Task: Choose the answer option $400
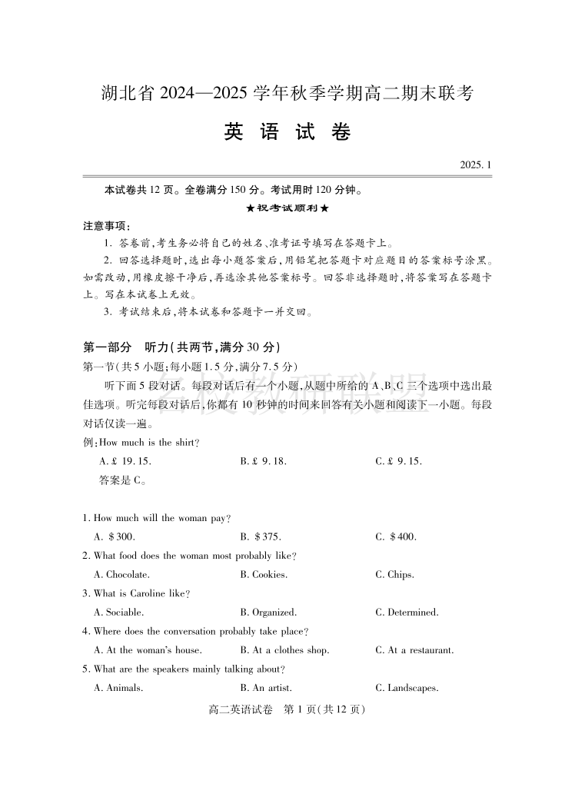(396, 537)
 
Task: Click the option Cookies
(264, 575)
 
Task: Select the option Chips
(395, 575)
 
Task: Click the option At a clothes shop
(284, 650)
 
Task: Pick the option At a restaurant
(414, 650)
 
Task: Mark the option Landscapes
(407, 688)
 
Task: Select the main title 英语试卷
(287, 132)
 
